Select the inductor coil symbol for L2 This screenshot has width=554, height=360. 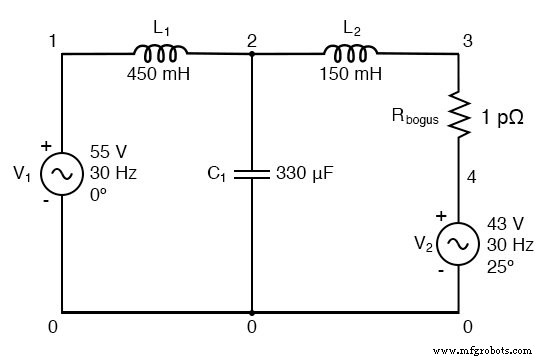coord(350,52)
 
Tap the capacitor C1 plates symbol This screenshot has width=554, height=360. coord(251,174)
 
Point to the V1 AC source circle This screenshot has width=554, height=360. coord(62,174)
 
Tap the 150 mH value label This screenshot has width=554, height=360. coord(350,73)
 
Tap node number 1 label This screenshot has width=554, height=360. coord(52,40)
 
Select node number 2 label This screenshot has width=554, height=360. coord(252,40)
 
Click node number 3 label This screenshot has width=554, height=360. coord(466,40)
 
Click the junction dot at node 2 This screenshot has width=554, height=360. coord(251,54)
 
